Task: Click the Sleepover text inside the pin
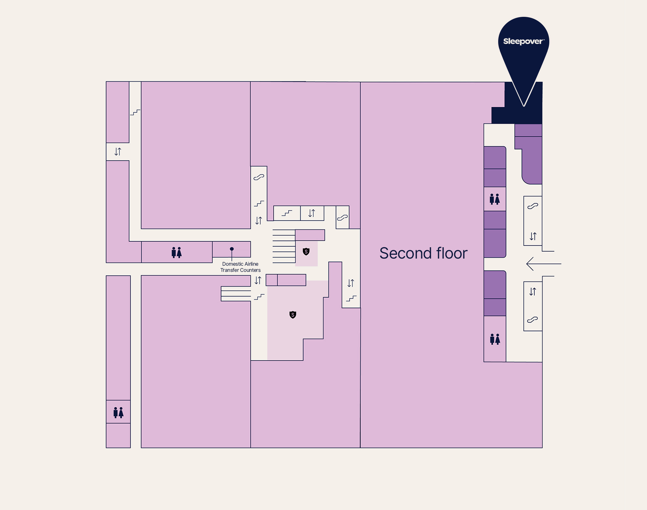524,41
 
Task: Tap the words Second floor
423,253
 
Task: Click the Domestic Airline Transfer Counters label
240,267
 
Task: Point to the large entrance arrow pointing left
544,264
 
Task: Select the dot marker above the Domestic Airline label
232,249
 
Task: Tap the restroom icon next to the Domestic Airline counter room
177,252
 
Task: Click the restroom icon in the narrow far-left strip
118,412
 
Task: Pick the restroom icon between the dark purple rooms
495,199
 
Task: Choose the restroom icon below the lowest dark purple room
495,339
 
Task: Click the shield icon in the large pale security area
293,315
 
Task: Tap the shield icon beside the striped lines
306,251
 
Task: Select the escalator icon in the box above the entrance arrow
533,206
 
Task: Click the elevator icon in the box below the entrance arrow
532,292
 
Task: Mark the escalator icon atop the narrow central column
259,177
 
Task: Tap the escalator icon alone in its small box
342,217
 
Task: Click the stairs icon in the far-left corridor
135,112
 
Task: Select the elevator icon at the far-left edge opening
118,151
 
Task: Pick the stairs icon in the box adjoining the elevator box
287,213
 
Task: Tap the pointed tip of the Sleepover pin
524,106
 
